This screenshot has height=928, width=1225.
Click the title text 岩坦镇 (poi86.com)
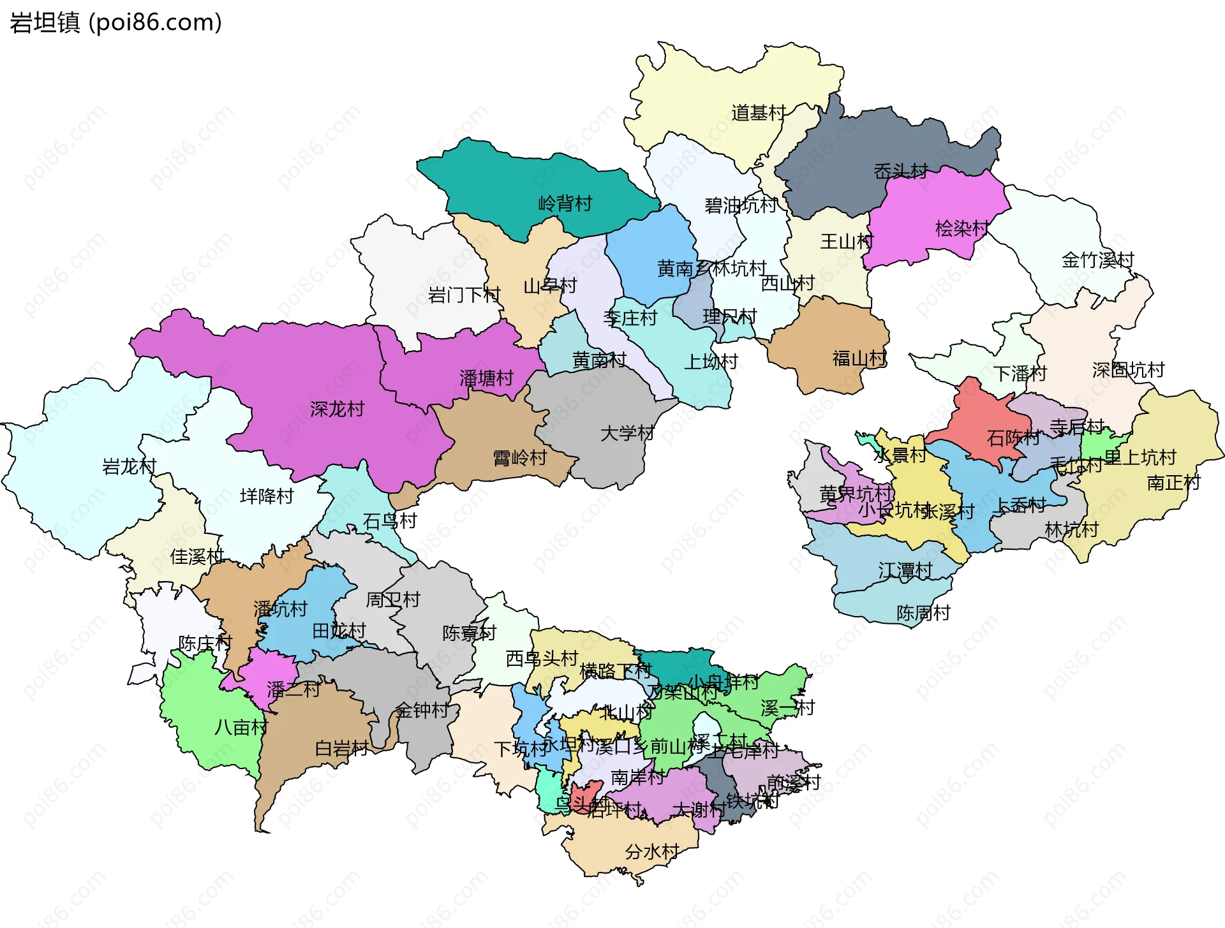click(x=115, y=22)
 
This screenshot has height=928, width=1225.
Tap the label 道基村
click(x=758, y=113)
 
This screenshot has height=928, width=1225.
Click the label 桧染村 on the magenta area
click(x=961, y=228)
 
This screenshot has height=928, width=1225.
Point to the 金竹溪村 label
click(x=1097, y=260)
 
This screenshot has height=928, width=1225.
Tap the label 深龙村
click(x=337, y=409)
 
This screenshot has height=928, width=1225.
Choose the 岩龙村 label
click(x=129, y=466)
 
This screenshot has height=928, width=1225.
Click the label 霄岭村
click(x=519, y=457)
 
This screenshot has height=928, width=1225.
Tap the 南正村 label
click(x=1173, y=482)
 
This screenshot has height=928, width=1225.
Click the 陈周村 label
click(x=923, y=613)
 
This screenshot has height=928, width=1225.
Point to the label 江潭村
click(x=905, y=570)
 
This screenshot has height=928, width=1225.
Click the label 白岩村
click(x=341, y=748)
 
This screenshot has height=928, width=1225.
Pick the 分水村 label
click(x=651, y=851)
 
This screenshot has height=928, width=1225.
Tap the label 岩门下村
click(x=464, y=295)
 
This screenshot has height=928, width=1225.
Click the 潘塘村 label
click(x=486, y=378)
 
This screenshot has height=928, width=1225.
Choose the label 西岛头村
click(x=541, y=658)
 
